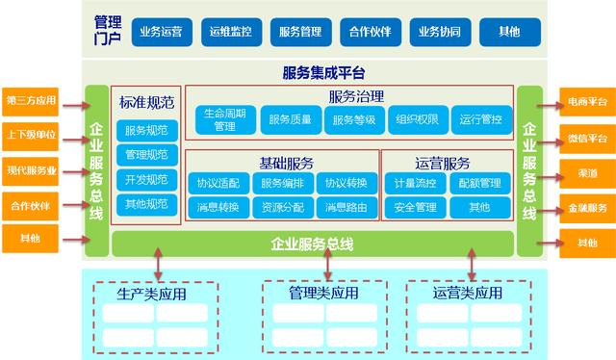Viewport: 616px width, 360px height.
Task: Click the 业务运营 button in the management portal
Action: pyautogui.click(x=163, y=31)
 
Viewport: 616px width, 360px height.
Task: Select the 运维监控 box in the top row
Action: pyautogui.click(x=232, y=31)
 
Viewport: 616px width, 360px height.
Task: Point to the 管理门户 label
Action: pyautogui.click(x=108, y=30)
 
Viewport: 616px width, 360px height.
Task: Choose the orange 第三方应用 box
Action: pyautogui.click(x=32, y=100)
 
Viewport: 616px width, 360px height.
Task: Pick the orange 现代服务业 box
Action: pyautogui.click(x=32, y=169)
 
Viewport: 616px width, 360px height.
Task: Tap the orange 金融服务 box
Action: pyautogui.click(x=585, y=207)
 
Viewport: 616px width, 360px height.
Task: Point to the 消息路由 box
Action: pyautogui.click(x=344, y=206)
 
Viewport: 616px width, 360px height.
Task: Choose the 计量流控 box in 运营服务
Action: pyautogui.click(x=413, y=183)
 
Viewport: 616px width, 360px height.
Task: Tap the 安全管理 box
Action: pyautogui.click(x=413, y=206)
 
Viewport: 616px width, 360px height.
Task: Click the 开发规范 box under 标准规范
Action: pyautogui.click(x=146, y=179)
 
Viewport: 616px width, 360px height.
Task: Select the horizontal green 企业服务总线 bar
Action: pyautogui.click(x=313, y=243)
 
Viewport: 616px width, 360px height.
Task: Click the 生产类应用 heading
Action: pyautogui.click(x=153, y=294)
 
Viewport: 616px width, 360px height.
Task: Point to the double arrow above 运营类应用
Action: pyautogui.click(x=472, y=262)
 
